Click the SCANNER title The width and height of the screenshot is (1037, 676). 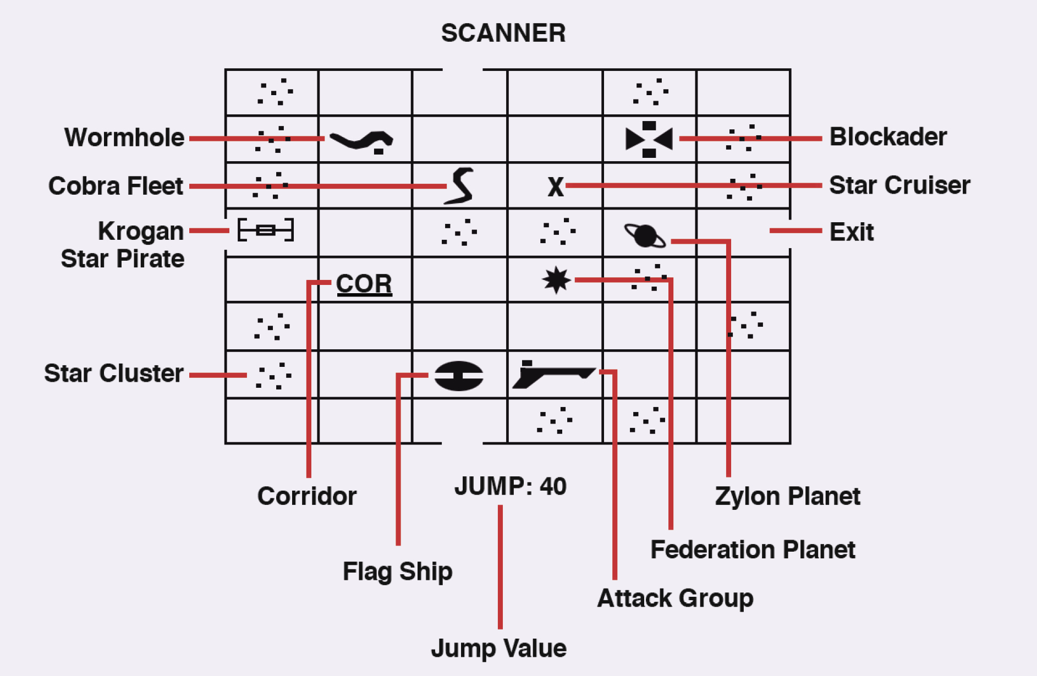[x=503, y=33]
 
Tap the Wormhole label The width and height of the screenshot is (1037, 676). [x=124, y=138]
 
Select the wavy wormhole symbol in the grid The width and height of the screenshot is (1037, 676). [x=361, y=141]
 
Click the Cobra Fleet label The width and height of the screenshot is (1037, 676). [x=116, y=186]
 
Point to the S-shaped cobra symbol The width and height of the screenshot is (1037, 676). [x=460, y=186]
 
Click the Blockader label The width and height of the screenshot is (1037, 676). [x=888, y=137]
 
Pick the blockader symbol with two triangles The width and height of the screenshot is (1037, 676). [x=649, y=139]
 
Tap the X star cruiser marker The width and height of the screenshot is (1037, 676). [x=556, y=187]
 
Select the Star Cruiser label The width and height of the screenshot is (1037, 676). [x=899, y=185]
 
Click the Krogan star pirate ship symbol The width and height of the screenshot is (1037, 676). [x=266, y=230]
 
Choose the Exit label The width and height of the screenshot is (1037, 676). [x=852, y=232]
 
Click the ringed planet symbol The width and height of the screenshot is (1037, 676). [x=645, y=236]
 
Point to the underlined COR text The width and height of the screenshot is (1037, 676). [x=364, y=284]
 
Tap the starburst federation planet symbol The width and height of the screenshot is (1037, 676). [x=556, y=280]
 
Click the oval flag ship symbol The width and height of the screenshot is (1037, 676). [x=459, y=376]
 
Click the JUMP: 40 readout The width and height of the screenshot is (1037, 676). [x=511, y=487]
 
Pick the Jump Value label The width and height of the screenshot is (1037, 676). [x=498, y=648]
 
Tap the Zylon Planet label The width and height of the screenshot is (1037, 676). [x=788, y=496]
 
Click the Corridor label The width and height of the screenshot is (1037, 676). [x=307, y=496]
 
